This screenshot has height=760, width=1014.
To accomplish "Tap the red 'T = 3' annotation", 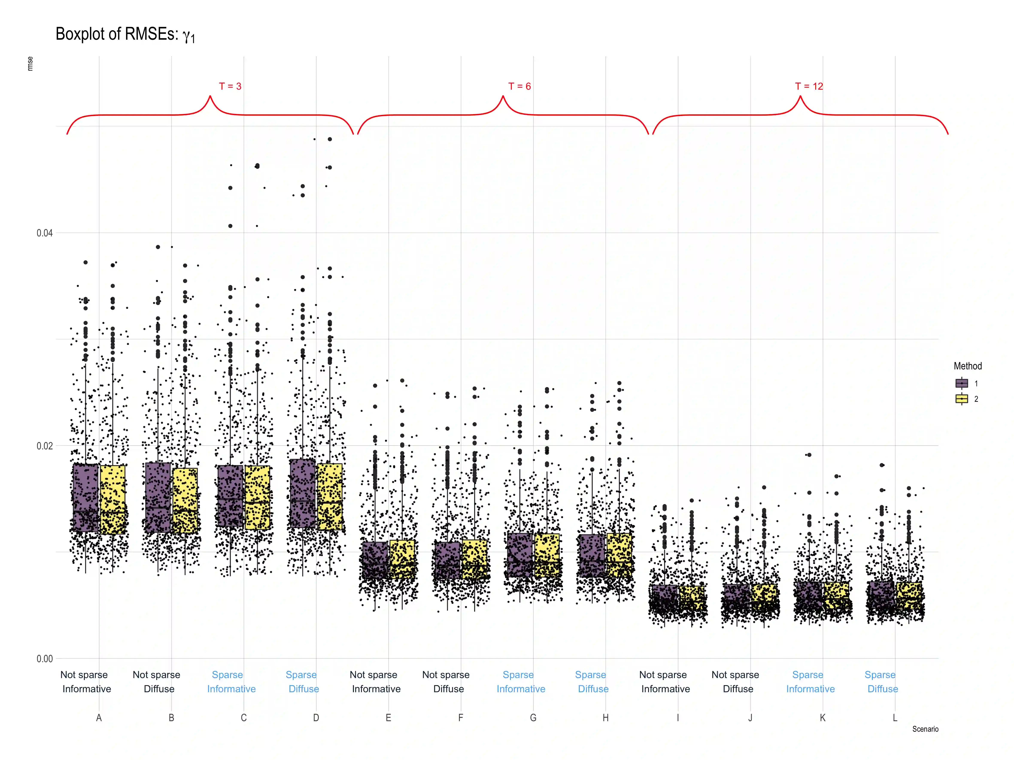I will coord(230,86).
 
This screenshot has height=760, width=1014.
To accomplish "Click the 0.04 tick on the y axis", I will coord(44,233).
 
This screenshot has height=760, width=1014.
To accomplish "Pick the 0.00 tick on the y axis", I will coord(44,659).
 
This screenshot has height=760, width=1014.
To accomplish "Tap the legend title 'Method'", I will coord(968,366).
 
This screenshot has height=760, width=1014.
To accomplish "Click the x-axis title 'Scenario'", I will coord(925,729).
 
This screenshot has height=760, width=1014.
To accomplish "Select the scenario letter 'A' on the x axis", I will coord(99,718).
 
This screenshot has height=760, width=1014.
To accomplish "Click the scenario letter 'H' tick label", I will coord(606,718).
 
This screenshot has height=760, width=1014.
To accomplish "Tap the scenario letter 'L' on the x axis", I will coord(895,718).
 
